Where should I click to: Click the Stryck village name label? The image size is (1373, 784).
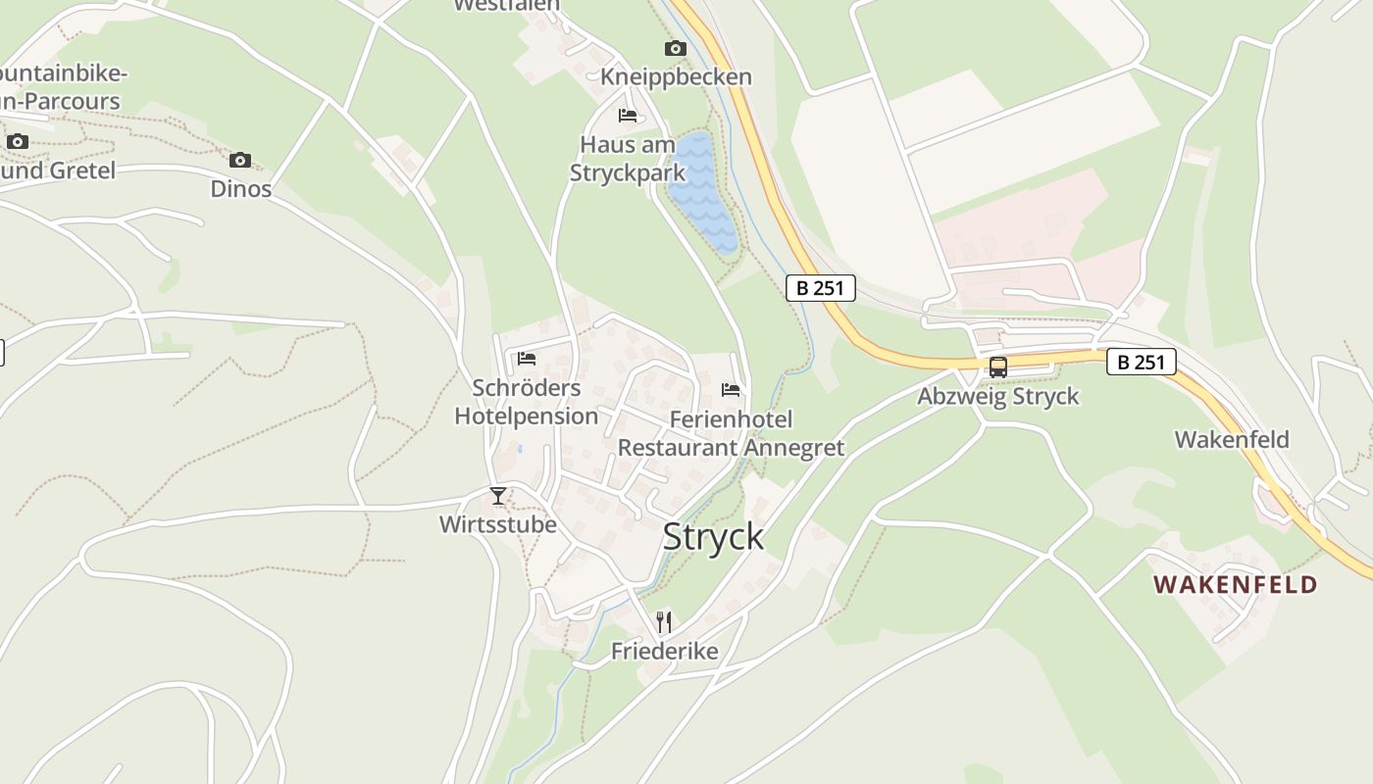(713, 537)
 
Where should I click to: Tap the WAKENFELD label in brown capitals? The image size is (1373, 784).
(1235, 585)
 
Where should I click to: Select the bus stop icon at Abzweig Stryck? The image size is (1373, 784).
(997, 368)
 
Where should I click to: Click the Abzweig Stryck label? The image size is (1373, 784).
(997, 396)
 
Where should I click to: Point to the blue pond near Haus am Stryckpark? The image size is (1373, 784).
(703, 191)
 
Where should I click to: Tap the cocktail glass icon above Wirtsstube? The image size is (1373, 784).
(498, 496)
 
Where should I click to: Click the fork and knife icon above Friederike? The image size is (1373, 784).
(664, 621)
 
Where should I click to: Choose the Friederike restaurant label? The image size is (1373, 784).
(664, 651)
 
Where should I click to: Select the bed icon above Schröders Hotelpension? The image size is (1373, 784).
(527, 359)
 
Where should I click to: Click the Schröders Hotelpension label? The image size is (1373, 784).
(527, 402)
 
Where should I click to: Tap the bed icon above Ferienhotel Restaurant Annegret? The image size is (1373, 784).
(731, 390)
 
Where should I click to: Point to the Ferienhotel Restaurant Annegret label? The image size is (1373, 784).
(731, 433)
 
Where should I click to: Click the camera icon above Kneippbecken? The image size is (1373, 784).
(675, 49)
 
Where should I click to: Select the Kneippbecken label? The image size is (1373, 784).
(676, 76)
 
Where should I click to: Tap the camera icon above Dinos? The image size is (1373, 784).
(240, 160)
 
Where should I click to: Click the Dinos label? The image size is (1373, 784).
(241, 188)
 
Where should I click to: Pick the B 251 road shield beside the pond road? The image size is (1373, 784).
(821, 288)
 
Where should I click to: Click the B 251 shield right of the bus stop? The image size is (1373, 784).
(1142, 362)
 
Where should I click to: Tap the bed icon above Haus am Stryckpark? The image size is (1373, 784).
(628, 116)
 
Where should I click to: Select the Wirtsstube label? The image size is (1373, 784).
(497, 524)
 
